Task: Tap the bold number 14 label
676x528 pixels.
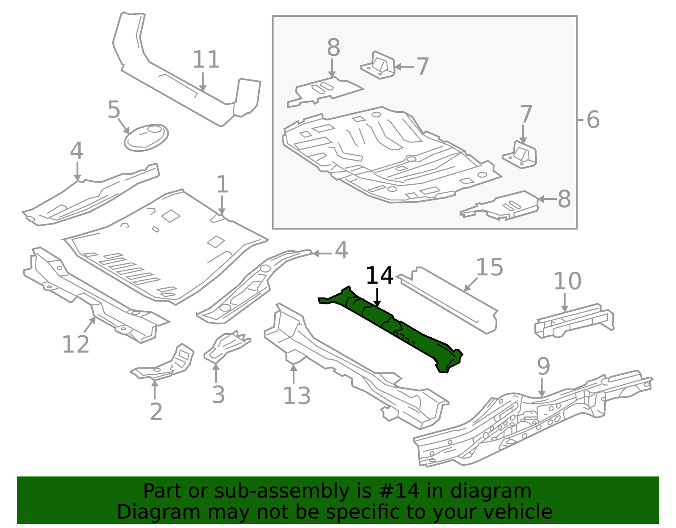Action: (379, 276)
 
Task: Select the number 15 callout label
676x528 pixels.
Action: (489, 267)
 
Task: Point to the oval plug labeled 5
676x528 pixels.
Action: (146, 137)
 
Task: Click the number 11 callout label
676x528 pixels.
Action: (206, 60)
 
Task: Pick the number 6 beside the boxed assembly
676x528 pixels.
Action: (593, 120)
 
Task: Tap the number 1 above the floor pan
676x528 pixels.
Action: (222, 184)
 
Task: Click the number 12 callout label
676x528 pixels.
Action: (76, 344)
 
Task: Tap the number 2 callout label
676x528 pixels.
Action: (156, 412)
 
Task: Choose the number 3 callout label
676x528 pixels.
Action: (218, 394)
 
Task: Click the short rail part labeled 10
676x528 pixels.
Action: (574, 321)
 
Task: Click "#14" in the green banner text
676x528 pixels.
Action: (402, 491)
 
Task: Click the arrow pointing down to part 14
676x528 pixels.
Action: (377, 298)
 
